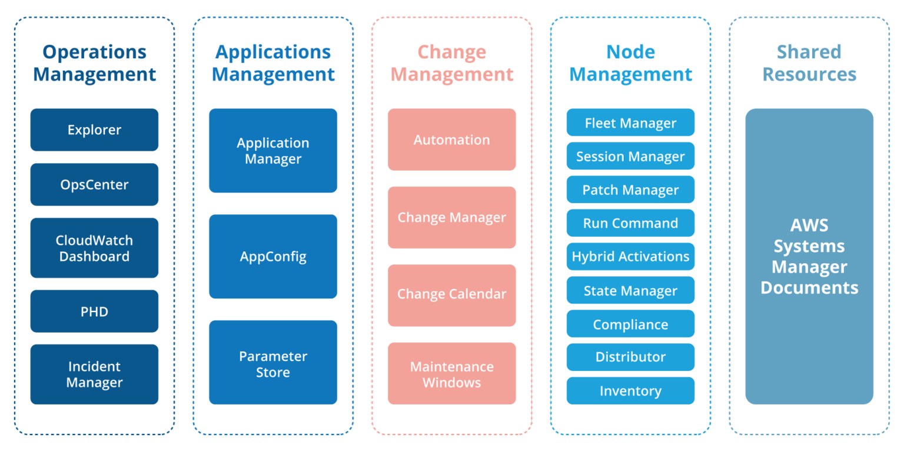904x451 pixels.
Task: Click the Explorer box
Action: (94, 130)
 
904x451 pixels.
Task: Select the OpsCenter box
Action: (94, 184)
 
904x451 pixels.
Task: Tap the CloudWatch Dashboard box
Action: (94, 248)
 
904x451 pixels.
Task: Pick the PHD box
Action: (94, 311)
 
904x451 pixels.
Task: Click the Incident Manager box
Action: (94, 374)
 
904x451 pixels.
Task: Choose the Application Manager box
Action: (273, 151)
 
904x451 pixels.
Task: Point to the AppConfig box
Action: (273, 257)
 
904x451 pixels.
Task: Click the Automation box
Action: (451, 140)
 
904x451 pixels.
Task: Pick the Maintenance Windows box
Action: (451, 374)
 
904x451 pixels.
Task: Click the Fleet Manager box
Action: (630, 122)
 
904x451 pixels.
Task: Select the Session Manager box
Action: (630, 156)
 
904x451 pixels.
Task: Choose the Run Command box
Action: (630, 223)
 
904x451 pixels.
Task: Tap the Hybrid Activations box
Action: (630, 257)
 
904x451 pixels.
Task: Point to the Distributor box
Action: (630, 357)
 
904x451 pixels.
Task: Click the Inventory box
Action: (630, 391)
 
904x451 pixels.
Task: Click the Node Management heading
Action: (630, 63)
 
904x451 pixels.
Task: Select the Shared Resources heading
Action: (809, 63)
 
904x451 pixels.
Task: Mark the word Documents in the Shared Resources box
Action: (809, 288)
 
